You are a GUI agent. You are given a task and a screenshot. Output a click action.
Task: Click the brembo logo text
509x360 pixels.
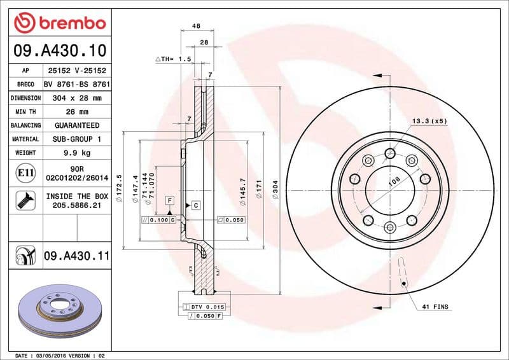pos(69,23)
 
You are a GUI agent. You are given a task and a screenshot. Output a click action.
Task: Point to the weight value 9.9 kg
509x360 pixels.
pos(77,153)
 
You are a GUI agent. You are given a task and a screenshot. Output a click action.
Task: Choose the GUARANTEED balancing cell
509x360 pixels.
pos(77,125)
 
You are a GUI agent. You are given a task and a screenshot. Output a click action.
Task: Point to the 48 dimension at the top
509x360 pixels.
pos(197,26)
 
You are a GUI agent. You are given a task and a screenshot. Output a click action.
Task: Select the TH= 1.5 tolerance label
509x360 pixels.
pos(174,59)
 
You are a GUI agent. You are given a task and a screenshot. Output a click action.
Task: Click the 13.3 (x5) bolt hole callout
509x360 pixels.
pos(429,120)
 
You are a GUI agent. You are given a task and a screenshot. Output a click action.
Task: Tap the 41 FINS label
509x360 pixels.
pos(435,307)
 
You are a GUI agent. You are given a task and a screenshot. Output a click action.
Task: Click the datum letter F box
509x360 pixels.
pos(170,200)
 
